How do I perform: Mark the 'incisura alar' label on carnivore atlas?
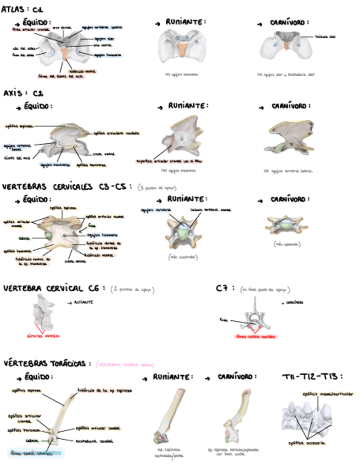(325, 36)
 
